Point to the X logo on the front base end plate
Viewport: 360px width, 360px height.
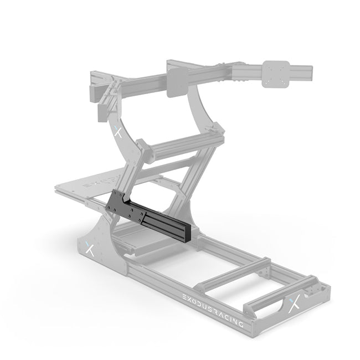(298, 304)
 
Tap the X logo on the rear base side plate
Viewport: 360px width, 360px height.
(90, 249)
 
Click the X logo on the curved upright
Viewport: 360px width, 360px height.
(117, 132)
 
